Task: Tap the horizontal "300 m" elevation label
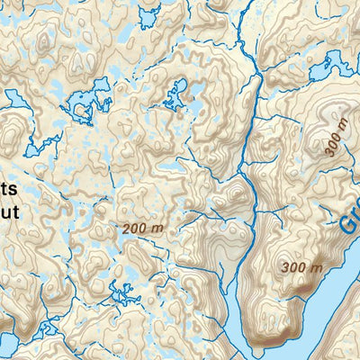(301, 267)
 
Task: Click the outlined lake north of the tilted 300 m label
(335, 65)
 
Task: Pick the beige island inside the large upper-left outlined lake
(85, 110)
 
